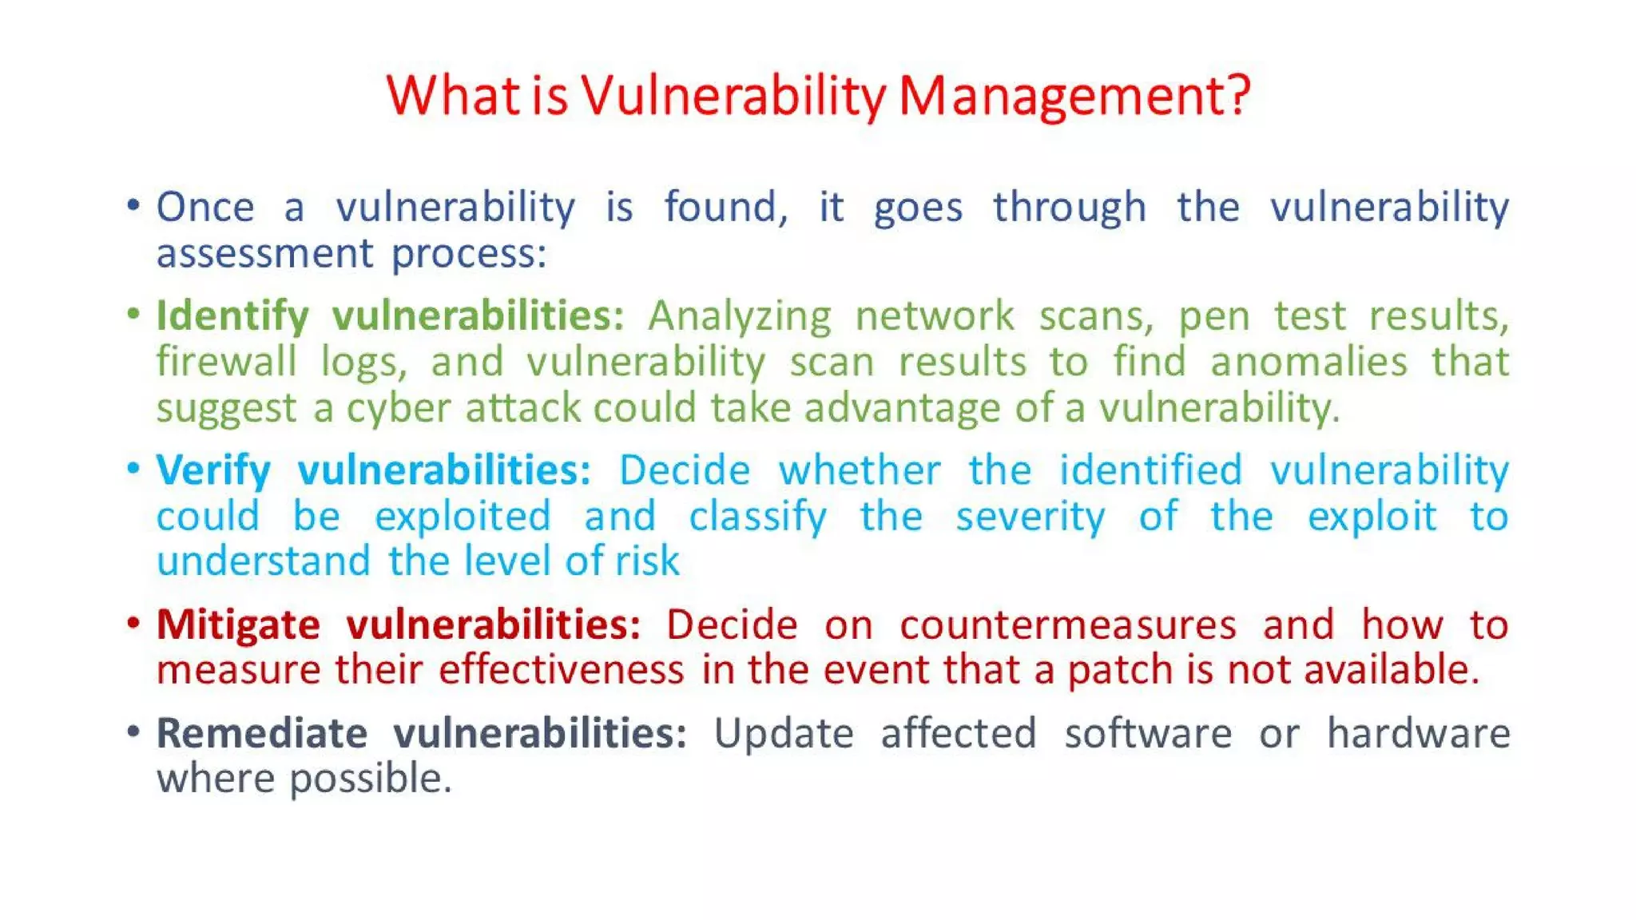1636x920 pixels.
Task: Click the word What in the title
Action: (454, 96)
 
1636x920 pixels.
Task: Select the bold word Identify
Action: (232, 316)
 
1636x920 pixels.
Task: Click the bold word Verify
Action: (213, 470)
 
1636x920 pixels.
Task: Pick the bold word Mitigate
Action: (238, 625)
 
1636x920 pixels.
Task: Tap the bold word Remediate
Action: (261, 733)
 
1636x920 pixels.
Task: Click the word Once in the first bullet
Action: (205, 208)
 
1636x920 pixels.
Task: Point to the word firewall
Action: (226, 362)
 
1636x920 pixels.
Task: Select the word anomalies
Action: (1308, 362)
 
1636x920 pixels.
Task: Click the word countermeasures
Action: (1068, 625)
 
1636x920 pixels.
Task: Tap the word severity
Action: (1030, 517)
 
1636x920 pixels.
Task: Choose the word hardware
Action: (1418, 733)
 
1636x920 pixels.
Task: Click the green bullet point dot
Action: (133, 313)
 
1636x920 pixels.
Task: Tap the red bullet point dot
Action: (133, 622)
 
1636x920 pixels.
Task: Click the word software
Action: (1148, 733)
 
